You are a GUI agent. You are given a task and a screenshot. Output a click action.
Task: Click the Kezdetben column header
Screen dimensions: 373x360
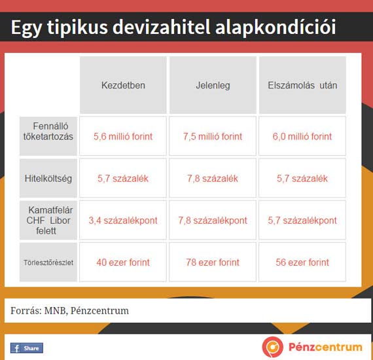click(123, 85)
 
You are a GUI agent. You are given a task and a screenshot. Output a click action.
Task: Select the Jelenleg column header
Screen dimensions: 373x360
click(213, 85)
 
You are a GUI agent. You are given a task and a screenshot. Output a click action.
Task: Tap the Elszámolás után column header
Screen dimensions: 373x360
click(302, 85)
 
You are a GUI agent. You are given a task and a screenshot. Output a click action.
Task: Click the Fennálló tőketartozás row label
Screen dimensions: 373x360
click(48, 136)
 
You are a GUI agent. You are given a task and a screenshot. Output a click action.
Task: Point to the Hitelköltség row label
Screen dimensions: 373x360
click(48, 178)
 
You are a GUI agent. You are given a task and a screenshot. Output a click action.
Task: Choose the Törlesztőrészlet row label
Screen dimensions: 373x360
click(48, 262)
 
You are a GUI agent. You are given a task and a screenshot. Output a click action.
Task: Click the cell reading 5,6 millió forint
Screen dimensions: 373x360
click(123, 136)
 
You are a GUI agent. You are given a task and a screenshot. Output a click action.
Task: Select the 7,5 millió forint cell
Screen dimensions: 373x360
click(213, 136)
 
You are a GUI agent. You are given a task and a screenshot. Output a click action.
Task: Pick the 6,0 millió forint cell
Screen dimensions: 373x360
click(302, 136)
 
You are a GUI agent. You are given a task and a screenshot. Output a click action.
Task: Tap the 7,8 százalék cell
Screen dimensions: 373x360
click(213, 178)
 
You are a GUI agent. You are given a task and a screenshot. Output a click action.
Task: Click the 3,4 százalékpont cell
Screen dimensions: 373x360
click(123, 221)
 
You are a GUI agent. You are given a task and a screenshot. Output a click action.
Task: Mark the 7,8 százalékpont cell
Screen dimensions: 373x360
click(213, 221)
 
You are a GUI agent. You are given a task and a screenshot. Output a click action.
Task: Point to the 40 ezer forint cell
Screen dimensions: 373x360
click(123, 262)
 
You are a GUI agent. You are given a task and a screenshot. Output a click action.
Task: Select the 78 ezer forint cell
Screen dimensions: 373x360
click(213, 262)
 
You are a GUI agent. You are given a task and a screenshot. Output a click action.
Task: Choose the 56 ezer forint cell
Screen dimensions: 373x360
click(302, 262)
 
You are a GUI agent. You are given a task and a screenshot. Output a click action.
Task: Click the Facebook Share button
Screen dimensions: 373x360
click(27, 348)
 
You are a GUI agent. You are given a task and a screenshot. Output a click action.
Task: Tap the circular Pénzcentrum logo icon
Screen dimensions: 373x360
click(273, 347)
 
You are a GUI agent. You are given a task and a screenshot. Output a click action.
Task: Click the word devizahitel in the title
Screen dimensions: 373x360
click(161, 27)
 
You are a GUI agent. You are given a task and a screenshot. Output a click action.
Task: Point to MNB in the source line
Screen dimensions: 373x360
click(55, 311)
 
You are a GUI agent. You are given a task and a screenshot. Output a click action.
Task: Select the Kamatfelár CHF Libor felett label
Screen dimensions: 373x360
click(48, 221)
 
